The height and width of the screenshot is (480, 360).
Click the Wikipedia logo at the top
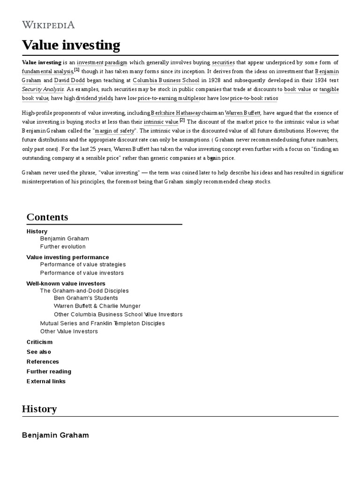(48, 25)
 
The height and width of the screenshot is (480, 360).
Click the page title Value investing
(71, 45)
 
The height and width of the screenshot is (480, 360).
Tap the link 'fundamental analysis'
(47, 71)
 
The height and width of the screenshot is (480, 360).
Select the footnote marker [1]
(77, 70)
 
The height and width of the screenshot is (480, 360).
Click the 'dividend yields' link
(94, 98)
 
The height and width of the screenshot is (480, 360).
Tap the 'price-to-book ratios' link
(254, 98)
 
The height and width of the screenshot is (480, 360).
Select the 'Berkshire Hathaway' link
(176, 113)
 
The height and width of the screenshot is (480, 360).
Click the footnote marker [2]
(182, 120)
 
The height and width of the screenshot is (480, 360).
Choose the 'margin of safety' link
(114, 131)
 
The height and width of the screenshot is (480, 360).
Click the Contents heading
(47, 217)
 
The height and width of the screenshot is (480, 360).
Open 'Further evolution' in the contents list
(63, 247)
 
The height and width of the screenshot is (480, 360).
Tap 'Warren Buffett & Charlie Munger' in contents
(97, 306)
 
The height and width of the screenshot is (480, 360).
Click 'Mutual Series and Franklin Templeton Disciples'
(102, 323)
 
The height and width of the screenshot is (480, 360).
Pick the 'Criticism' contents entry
(39, 342)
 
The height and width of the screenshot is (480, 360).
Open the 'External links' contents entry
(46, 381)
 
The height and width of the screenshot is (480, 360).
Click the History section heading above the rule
(39, 408)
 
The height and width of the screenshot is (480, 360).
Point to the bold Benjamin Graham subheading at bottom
(55, 435)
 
